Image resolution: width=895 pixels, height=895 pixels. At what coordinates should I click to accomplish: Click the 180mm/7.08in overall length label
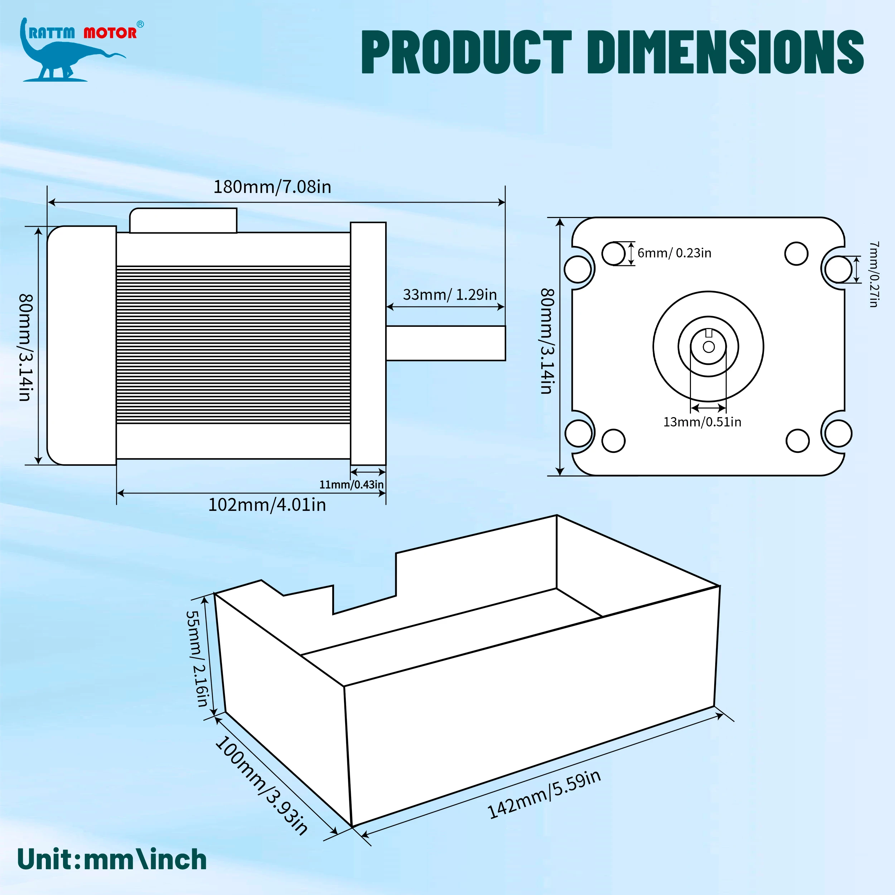[x=272, y=187]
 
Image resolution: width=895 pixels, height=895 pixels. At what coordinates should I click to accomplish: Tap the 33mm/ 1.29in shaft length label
[x=449, y=295]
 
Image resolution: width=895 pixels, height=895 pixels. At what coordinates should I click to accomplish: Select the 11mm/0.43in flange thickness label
[x=351, y=485]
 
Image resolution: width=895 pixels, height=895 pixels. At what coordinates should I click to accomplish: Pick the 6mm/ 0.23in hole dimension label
[x=674, y=253]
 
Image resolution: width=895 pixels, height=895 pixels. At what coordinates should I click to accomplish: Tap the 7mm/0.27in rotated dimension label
[x=873, y=274]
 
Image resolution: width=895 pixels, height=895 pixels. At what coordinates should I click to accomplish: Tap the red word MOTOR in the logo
[x=110, y=33]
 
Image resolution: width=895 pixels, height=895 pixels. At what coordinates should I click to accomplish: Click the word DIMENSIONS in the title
[x=725, y=52]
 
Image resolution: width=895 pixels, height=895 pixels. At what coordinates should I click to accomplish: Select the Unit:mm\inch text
[x=112, y=860]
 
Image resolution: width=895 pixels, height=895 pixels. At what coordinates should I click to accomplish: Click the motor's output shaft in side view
[x=445, y=343]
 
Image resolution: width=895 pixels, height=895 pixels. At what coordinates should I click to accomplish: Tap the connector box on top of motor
[x=183, y=221]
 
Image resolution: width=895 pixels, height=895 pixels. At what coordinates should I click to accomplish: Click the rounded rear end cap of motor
[x=81, y=345]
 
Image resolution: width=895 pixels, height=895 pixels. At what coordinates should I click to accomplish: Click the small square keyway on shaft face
[x=708, y=333]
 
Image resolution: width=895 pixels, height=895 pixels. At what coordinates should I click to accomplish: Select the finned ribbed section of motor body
[x=233, y=345]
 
